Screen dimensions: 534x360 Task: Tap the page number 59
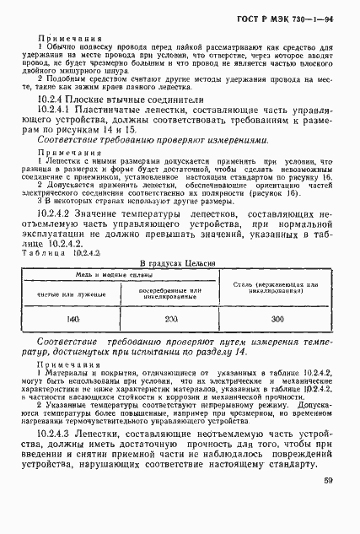coord(328,505)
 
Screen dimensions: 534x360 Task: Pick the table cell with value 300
coord(277,321)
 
